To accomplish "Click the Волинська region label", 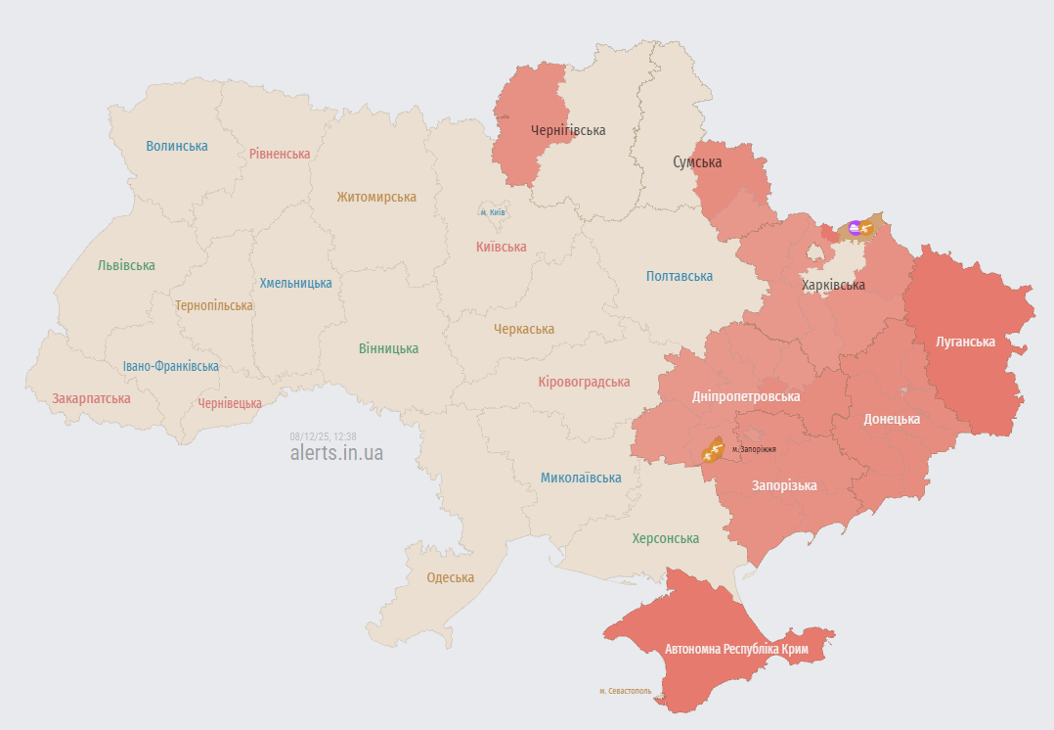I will [177, 146].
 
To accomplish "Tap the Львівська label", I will [126, 265].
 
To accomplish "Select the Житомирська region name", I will [376, 197].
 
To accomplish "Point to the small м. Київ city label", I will [492, 212].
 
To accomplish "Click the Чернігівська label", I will [568, 130].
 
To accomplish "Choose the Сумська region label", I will [697, 162].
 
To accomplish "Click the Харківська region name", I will [833, 285].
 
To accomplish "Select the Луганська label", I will [965, 342].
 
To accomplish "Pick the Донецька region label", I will [892, 419].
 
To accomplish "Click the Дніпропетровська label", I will [746, 396].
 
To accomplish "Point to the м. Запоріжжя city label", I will [754, 449].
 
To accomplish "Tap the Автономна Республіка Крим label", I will [736, 649].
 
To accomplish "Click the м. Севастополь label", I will [626, 691].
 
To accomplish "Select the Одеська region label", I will [450, 577].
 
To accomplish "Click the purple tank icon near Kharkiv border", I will [855, 228].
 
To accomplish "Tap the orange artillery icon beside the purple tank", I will [866, 229].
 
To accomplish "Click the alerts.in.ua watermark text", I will [336, 453].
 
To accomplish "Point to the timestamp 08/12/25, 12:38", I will [323, 436].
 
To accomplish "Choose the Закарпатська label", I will [91, 398].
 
